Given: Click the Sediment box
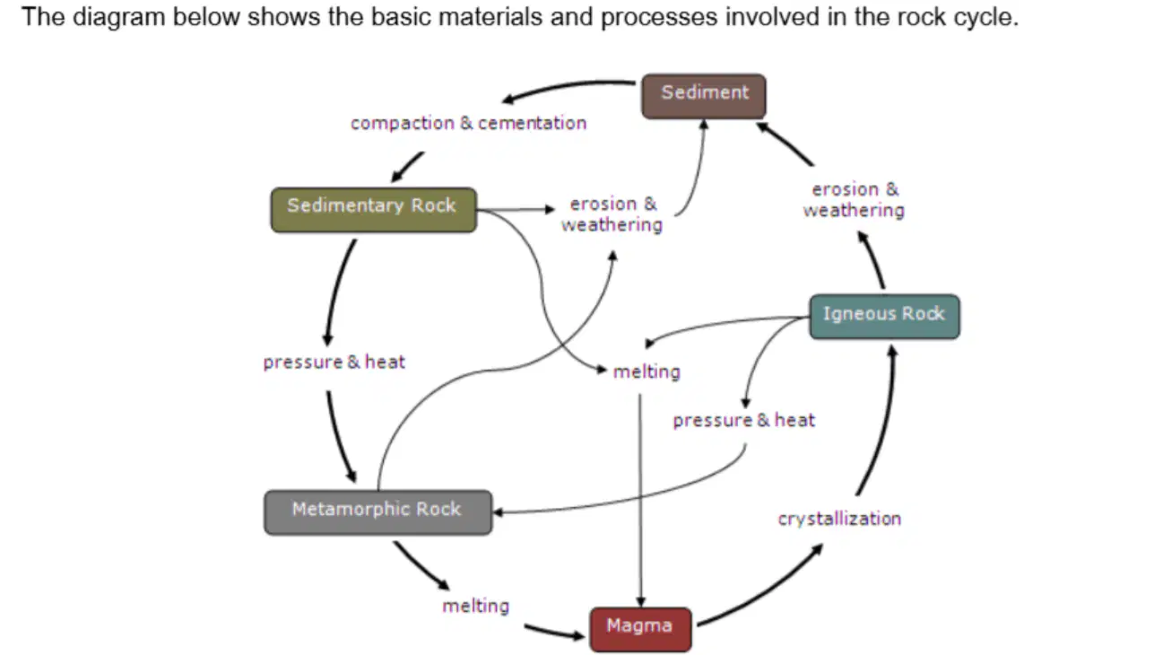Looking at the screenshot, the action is click(x=704, y=96).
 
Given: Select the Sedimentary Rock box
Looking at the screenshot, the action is click(x=374, y=210).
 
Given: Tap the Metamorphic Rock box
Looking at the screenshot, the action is click(x=378, y=512).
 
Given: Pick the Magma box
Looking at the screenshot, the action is click(x=640, y=630).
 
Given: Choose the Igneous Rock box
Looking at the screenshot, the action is click(x=885, y=317).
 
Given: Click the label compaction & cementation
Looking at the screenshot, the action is click(x=468, y=123).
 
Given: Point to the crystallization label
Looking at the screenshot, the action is click(x=839, y=519).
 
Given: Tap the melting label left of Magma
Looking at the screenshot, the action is click(x=475, y=606).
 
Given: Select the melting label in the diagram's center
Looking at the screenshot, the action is click(x=646, y=371).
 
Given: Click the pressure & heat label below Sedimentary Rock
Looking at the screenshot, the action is click(x=334, y=362).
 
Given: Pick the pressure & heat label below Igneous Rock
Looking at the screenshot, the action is click(x=744, y=420).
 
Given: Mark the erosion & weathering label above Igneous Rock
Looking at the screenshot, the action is click(x=854, y=200).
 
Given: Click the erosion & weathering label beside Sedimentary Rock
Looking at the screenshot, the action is click(x=612, y=214).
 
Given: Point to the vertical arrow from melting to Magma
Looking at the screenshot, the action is click(x=640, y=501).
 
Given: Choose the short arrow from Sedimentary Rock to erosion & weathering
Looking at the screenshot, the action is click(x=516, y=210).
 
